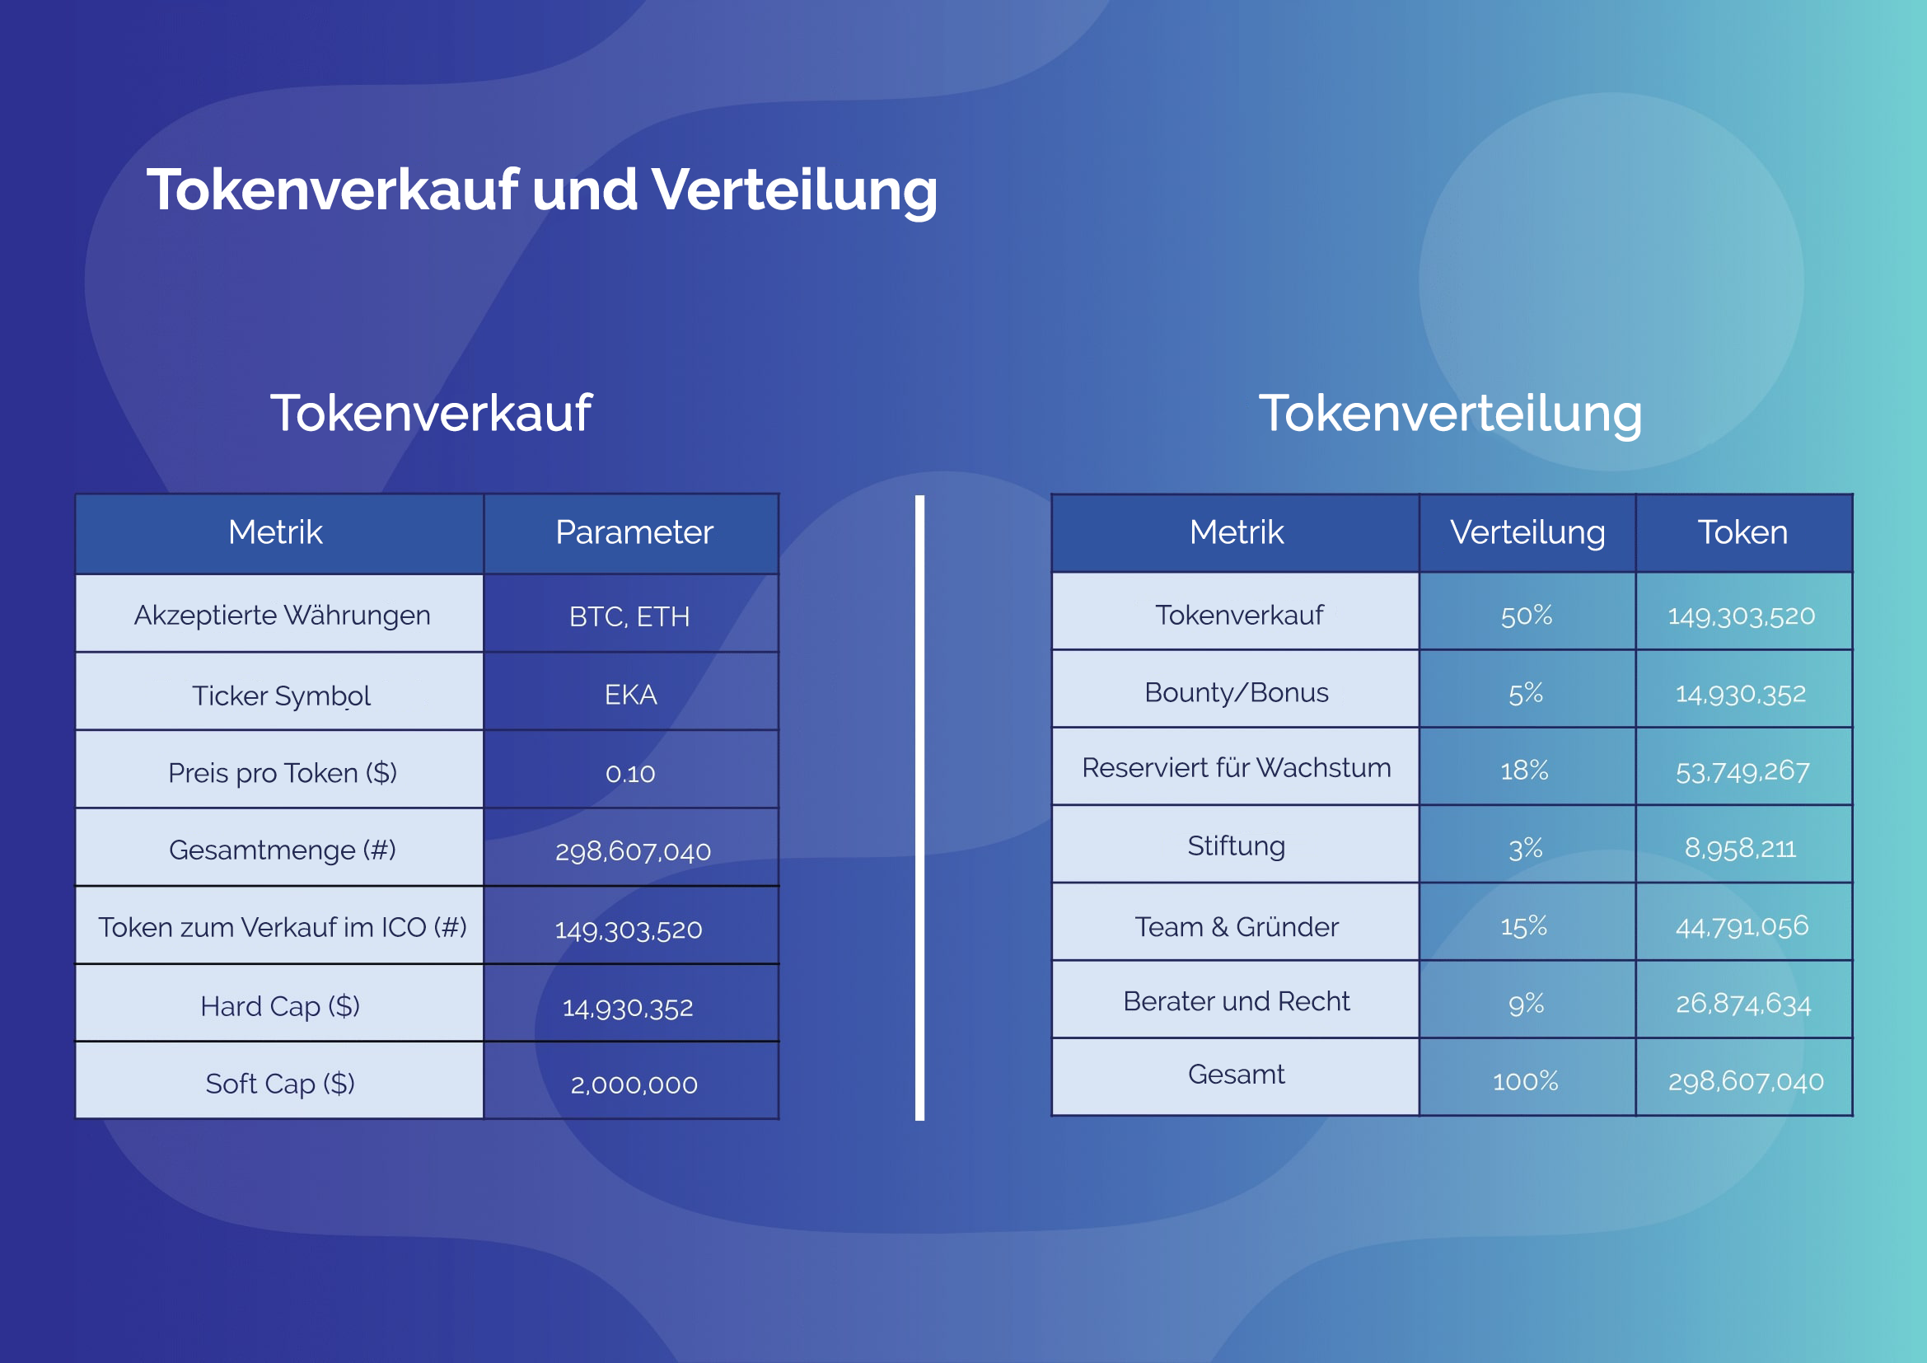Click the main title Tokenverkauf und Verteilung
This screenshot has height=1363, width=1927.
(542, 190)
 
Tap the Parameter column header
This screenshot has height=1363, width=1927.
(634, 532)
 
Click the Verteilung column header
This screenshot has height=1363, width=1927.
(1527, 532)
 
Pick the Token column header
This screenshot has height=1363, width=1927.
(1742, 532)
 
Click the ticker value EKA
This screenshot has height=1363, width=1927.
(630, 695)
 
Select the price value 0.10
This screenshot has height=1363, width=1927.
(630, 773)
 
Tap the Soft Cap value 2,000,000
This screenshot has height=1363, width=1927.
(634, 1084)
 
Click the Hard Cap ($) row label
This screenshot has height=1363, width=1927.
(280, 1005)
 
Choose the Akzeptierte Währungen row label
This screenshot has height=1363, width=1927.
(282, 616)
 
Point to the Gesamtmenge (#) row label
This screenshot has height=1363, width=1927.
(282, 850)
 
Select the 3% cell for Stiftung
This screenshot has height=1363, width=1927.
(1526, 849)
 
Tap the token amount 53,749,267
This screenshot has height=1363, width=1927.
(1742, 771)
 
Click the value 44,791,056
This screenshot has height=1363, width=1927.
(1742, 926)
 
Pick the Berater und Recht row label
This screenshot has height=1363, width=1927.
(1237, 1001)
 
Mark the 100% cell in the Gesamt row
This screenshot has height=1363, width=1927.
(1525, 1081)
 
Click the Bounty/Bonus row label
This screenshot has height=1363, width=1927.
(1237, 692)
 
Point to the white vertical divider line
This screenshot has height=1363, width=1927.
(920, 808)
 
